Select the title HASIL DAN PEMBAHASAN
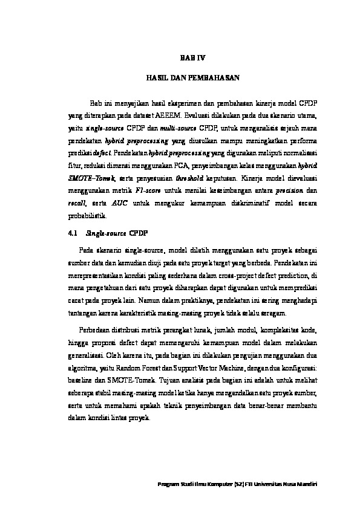tap(194, 79)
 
